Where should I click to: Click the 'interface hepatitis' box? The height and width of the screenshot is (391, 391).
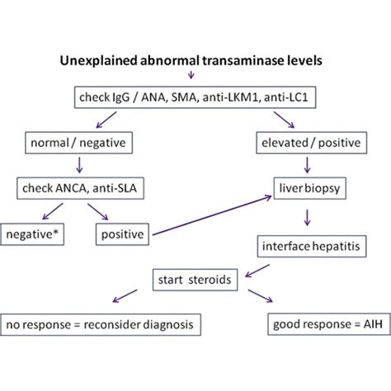(309, 247)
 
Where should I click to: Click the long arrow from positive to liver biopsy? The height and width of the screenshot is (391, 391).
(214, 216)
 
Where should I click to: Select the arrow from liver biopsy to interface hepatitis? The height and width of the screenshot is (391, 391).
(308, 218)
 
